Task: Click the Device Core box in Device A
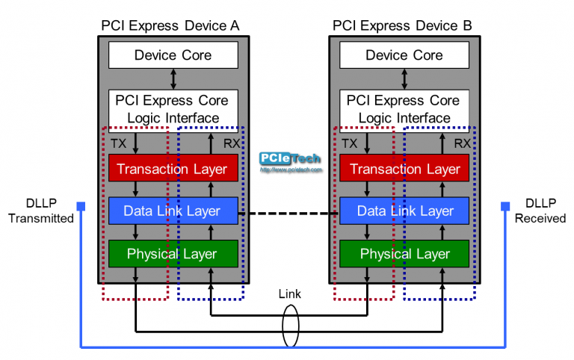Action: pyautogui.click(x=173, y=55)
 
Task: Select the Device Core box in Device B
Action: pyautogui.click(x=404, y=55)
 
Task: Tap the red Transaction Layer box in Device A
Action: pyautogui.click(x=173, y=169)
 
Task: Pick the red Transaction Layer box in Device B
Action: pyautogui.click(x=404, y=169)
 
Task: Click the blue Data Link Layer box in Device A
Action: pyautogui.click(x=173, y=211)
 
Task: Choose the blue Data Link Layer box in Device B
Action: pyautogui.click(x=404, y=211)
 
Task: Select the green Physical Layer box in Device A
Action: pyautogui.click(x=173, y=254)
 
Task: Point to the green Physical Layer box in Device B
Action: pyautogui.click(x=404, y=254)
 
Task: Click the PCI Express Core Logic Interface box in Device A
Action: pyautogui.click(x=173, y=108)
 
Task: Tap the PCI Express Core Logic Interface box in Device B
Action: pyautogui.click(x=404, y=108)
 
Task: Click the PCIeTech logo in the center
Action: pyautogui.click(x=290, y=161)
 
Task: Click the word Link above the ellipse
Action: pyautogui.click(x=289, y=294)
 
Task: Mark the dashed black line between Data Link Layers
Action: pyautogui.click(x=288, y=213)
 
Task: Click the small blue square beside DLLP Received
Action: pyautogui.click(x=505, y=206)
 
